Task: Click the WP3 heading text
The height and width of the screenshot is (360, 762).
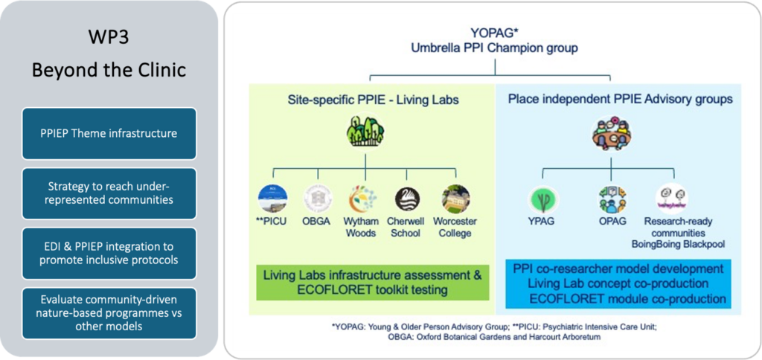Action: (x=109, y=37)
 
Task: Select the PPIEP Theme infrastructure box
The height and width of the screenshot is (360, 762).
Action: (x=109, y=134)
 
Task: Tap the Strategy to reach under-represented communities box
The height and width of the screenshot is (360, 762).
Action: (x=109, y=193)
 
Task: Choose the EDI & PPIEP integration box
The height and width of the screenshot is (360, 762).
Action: (x=109, y=252)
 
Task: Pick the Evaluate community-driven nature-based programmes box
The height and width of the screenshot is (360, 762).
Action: (x=109, y=313)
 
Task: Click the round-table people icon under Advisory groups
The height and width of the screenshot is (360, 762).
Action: (x=610, y=135)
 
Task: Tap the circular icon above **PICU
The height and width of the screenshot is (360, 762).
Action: (x=273, y=199)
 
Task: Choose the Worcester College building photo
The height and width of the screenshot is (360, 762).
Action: (x=455, y=199)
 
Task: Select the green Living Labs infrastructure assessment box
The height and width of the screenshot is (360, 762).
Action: (x=372, y=282)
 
